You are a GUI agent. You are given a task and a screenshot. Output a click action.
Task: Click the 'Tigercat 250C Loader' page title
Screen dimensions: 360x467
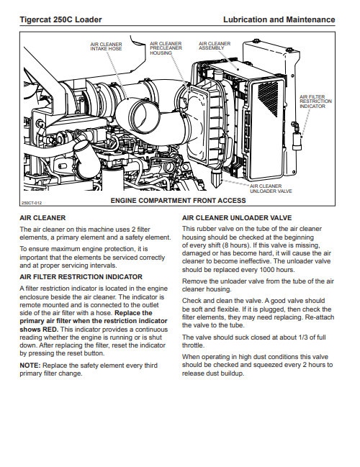pos(60,19)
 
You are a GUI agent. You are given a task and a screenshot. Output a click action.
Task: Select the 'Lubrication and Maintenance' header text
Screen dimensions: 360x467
pos(279,19)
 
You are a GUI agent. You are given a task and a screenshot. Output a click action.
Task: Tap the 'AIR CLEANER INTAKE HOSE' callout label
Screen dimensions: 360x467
pos(106,47)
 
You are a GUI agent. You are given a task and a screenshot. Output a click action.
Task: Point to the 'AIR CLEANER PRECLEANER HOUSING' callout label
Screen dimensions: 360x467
pos(166,48)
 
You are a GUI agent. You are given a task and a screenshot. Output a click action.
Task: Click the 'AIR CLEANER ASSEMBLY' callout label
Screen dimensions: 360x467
pos(215,45)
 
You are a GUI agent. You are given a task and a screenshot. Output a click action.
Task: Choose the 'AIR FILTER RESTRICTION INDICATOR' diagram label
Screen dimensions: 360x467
pos(315,101)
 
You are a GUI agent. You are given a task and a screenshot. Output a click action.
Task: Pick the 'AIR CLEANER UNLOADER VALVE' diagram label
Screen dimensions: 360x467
pos(271,189)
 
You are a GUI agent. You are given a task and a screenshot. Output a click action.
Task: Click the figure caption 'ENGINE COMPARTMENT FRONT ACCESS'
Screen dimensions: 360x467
pos(179,201)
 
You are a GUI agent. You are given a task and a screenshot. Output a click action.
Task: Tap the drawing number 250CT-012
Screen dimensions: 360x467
pos(32,203)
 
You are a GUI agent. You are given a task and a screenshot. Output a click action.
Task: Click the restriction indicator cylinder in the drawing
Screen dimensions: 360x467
pos(297,142)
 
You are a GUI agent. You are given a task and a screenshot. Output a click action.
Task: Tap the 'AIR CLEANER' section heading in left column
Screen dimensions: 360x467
pos(42,218)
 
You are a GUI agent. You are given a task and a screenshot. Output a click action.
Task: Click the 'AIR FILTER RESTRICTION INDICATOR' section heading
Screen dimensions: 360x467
pos(81,277)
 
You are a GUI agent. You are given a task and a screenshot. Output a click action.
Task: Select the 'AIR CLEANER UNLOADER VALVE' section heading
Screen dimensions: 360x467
pos(237,218)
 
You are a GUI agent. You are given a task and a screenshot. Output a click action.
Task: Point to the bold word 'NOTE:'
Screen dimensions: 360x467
pos(30,366)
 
